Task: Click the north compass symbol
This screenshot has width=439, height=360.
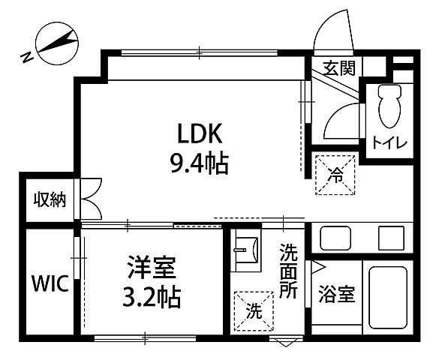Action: pos(51,45)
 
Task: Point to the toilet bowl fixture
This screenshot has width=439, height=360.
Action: pos(388,106)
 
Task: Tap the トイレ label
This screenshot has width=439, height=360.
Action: pos(389,142)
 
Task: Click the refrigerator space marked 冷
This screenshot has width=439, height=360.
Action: pos(334,175)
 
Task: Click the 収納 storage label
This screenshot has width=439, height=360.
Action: pos(50,199)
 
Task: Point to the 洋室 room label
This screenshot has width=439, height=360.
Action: pos(152,268)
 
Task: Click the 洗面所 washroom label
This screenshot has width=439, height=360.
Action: pos(289,270)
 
